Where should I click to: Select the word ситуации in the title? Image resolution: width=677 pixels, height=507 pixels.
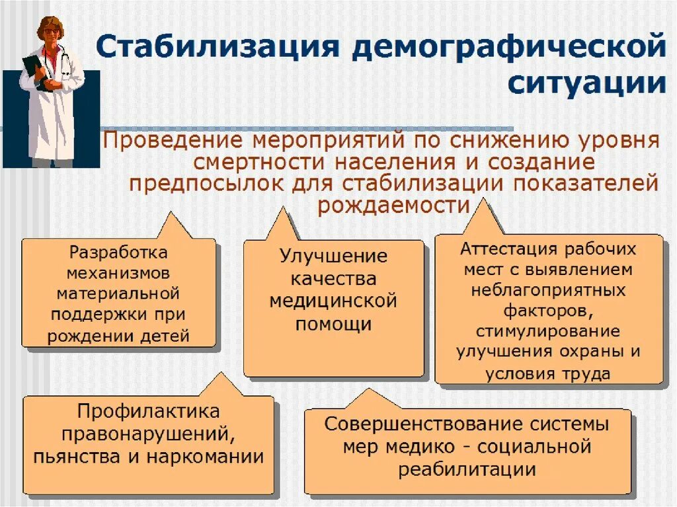tap(586, 85)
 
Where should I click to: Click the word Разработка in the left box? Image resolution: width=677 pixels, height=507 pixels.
tap(118, 253)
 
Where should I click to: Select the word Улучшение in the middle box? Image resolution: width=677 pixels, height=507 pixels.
tap(333, 256)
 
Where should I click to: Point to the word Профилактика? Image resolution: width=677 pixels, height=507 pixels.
tap(148, 411)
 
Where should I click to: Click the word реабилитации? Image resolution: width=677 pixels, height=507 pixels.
tap(467, 469)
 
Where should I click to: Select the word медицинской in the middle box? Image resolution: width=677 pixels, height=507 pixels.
tap(333, 301)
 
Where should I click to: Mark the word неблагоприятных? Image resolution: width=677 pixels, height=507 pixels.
tap(548, 290)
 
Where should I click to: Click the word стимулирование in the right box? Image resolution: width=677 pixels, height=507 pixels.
tap(548, 330)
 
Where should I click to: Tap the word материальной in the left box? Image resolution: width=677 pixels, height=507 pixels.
tap(118, 291)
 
